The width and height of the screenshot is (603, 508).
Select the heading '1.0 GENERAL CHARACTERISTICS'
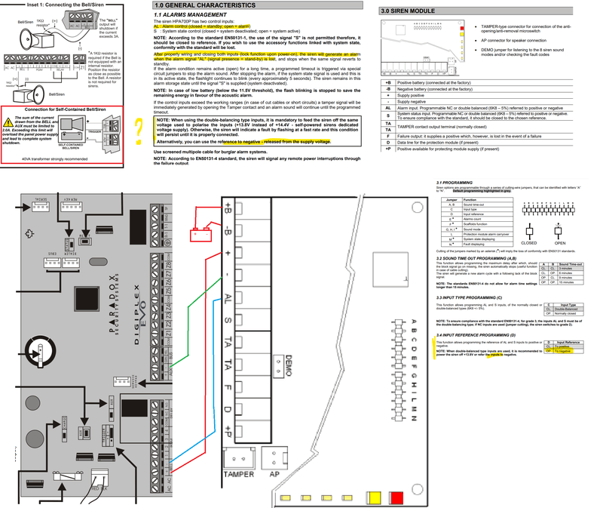coord(197,5)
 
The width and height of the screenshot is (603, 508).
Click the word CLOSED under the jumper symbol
coord(529,243)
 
